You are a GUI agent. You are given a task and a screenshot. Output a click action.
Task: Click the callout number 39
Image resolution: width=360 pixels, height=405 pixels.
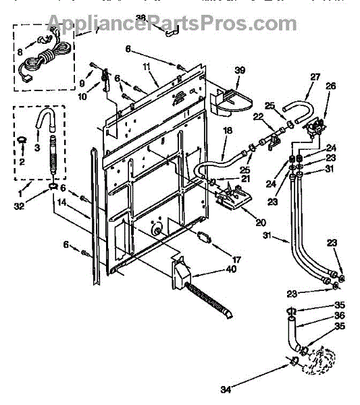(240, 70)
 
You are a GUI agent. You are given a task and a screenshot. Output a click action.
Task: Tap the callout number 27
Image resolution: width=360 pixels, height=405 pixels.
(315, 77)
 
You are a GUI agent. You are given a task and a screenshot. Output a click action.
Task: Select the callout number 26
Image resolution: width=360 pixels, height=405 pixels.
(330, 86)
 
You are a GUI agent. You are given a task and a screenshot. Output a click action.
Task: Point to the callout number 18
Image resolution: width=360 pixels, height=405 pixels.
(228, 130)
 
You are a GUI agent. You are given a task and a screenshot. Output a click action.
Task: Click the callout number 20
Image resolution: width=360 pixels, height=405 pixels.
(261, 222)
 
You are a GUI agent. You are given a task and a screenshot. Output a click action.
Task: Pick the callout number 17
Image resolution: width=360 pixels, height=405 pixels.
(236, 259)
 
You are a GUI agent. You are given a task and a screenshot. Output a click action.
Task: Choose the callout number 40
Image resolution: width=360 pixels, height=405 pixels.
(231, 269)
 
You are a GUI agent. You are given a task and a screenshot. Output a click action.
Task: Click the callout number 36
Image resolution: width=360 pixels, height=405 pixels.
(339, 315)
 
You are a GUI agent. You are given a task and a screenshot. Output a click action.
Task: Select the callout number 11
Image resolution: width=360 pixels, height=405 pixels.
(147, 67)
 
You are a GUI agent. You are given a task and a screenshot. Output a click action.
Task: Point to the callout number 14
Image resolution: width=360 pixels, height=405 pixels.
(62, 202)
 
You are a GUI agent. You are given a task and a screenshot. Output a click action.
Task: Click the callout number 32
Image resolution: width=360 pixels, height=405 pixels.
(19, 206)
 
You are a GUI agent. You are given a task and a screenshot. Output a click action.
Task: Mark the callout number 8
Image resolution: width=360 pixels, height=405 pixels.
(20, 52)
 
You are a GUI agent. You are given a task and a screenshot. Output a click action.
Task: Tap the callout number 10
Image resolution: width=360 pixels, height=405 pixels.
(82, 97)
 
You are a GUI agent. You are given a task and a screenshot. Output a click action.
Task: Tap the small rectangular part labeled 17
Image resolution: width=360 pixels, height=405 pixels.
(204, 238)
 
